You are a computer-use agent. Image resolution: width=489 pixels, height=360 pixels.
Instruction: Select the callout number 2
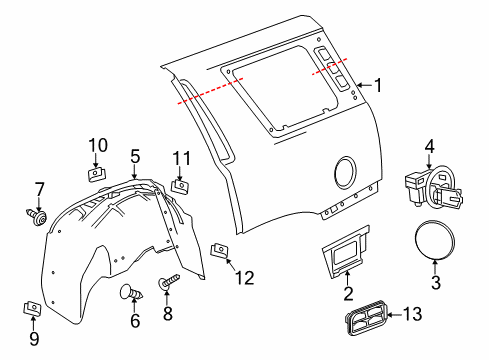click(347, 294)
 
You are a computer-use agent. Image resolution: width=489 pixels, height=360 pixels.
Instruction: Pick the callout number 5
click(135, 156)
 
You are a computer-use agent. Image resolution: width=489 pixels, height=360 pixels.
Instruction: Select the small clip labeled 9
click(32, 308)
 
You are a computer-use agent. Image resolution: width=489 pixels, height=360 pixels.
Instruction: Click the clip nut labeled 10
click(96, 173)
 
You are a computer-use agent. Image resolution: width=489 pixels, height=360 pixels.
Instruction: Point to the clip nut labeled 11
click(181, 184)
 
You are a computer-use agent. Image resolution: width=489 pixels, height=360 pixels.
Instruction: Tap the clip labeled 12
click(218, 247)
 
